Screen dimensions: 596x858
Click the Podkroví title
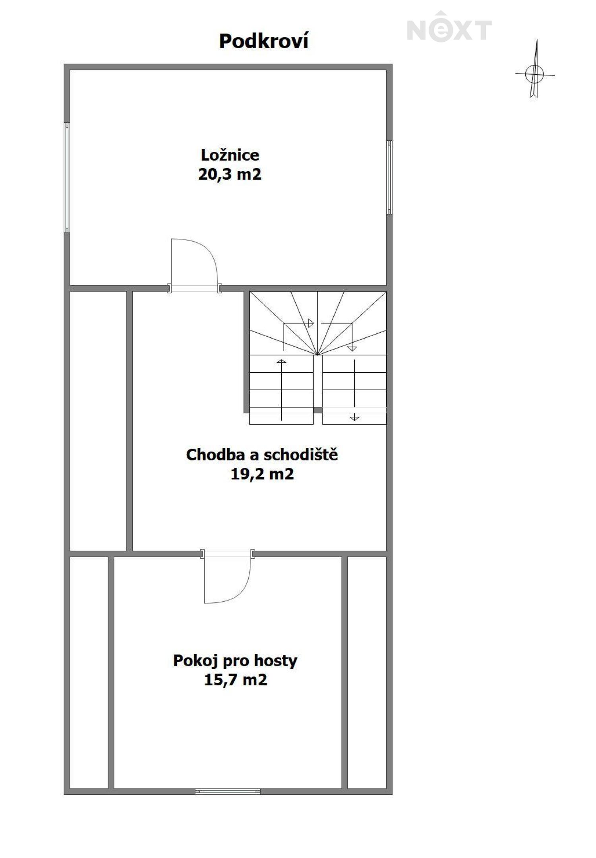pyautogui.click(x=263, y=41)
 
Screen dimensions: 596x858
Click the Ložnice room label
pyautogui.click(x=230, y=155)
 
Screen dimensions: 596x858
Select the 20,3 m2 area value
pyautogui.click(x=230, y=174)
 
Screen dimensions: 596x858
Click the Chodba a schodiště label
pyautogui.click(x=262, y=455)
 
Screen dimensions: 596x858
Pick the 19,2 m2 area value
pyautogui.click(x=262, y=474)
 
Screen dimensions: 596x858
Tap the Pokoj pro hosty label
pyautogui.click(x=235, y=660)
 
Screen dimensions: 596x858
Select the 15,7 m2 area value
pyautogui.click(x=235, y=680)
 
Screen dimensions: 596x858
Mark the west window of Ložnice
pyautogui.click(x=67, y=177)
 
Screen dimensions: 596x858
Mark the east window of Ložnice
pyautogui.click(x=389, y=177)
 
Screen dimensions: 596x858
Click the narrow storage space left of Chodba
pyautogui.click(x=98, y=421)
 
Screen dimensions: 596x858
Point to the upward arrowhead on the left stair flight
pyautogui.click(x=281, y=361)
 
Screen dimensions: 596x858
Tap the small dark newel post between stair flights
pyautogui.click(x=318, y=410)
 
